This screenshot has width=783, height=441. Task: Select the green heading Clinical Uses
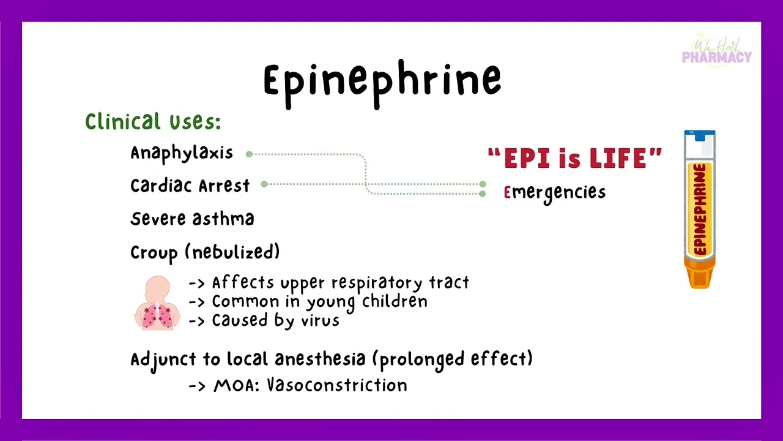pyautogui.click(x=153, y=121)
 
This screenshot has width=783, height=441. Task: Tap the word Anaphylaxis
pyautogui.click(x=182, y=153)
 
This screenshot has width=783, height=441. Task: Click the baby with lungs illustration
pyautogui.click(x=157, y=303)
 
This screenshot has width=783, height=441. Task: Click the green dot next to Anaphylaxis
pyautogui.click(x=249, y=154)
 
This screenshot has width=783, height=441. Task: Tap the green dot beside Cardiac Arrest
pyautogui.click(x=264, y=184)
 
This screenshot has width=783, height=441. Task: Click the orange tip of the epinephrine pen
pyautogui.click(x=699, y=276)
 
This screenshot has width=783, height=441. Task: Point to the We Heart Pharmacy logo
pyautogui.click(x=716, y=51)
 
